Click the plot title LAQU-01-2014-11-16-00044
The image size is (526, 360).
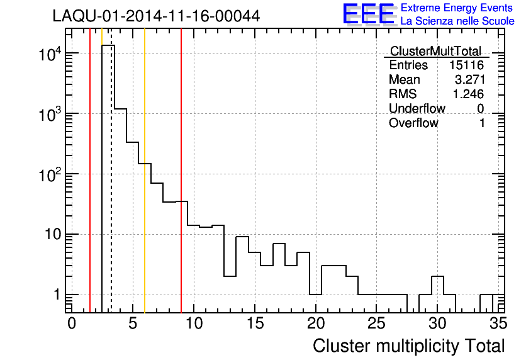(156, 16)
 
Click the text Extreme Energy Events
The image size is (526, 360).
(457, 8)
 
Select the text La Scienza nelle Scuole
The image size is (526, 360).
(457, 21)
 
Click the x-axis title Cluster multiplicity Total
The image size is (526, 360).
(408, 346)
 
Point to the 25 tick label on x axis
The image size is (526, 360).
(376, 324)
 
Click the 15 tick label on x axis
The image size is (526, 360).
(254, 324)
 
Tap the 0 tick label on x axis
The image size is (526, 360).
(72, 324)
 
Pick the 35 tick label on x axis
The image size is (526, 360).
(498, 324)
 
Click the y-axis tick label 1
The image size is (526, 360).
(56, 295)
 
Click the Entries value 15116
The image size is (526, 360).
(466, 65)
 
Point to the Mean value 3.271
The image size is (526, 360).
(469, 80)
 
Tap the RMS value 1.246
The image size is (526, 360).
(469, 94)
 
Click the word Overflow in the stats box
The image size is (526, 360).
(413, 123)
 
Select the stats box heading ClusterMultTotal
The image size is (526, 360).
(435, 51)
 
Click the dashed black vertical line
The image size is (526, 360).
(111, 189)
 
